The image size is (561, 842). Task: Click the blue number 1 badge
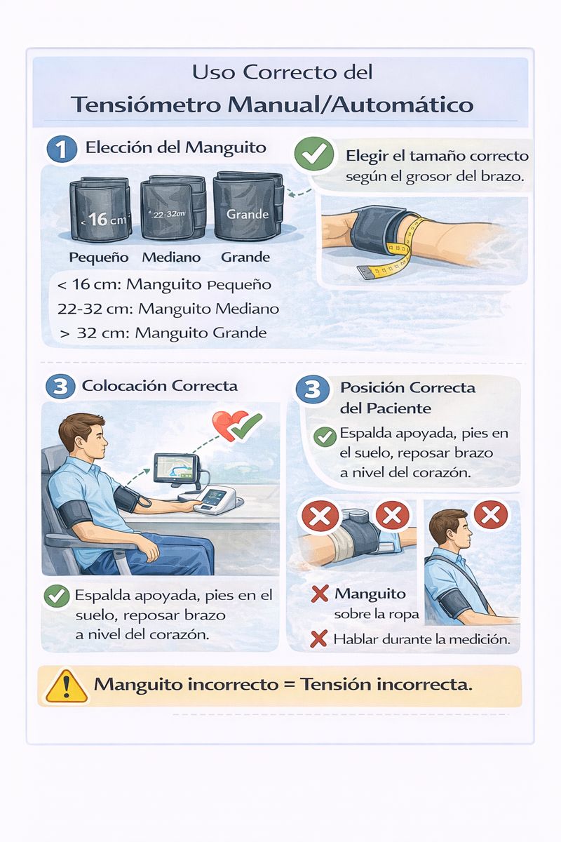(61, 149)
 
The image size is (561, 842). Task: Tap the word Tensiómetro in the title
(146, 105)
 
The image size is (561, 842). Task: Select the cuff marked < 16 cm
(100, 209)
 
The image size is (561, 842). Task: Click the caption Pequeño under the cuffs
(99, 258)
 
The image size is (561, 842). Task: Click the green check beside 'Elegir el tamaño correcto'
(314, 154)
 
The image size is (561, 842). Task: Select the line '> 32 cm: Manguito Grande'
(163, 333)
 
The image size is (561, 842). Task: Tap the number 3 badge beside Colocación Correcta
(60, 387)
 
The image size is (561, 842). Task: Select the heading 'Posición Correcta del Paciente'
(407, 398)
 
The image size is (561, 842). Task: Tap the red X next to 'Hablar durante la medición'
(318, 639)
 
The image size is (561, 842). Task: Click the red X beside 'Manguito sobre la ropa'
(320, 594)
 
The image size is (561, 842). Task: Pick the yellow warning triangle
(67, 687)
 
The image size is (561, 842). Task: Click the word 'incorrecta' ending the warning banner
(424, 685)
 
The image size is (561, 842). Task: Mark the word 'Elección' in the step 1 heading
(119, 147)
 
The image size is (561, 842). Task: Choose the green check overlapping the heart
(247, 427)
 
